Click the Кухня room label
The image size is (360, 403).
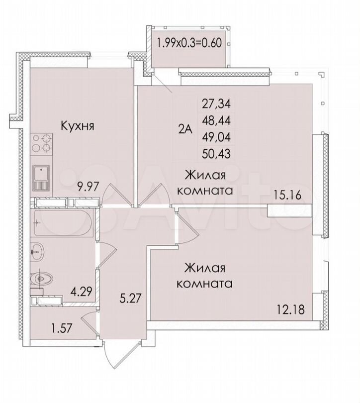(x=77, y=126)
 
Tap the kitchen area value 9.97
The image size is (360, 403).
(x=88, y=187)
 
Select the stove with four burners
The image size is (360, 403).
(x=41, y=144)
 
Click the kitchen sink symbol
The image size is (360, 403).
(x=41, y=178)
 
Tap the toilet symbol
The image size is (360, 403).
(x=41, y=278)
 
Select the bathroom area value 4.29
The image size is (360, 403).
(x=81, y=291)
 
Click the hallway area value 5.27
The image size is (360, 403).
(x=131, y=298)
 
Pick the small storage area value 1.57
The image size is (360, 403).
(x=62, y=328)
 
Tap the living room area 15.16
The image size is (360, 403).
(x=287, y=195)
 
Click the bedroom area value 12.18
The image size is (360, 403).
(x=290, y=309)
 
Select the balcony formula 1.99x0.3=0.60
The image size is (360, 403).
(x=189, y=43)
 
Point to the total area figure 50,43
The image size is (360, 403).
(x=216, y=154)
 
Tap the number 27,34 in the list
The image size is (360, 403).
(x=216, y=103)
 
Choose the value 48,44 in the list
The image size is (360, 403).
(x=216, y=120)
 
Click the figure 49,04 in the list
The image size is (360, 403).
(x=216, y=137)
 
